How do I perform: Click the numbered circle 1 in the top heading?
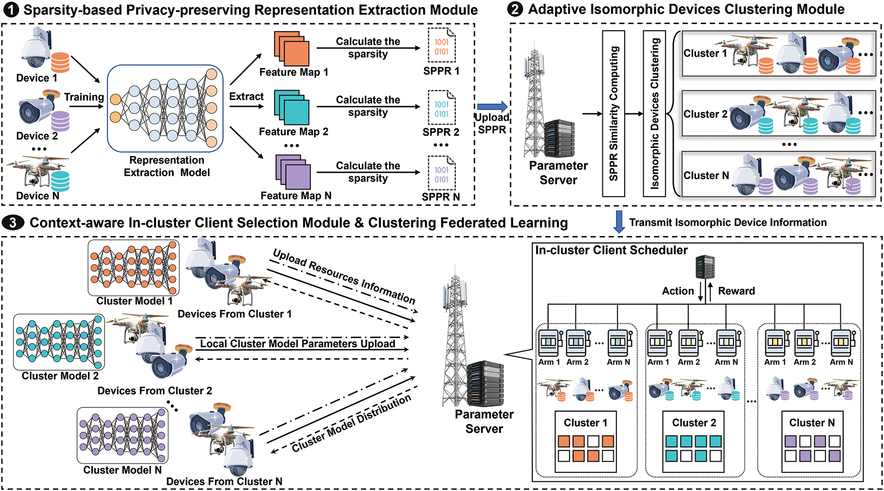click(11, 10)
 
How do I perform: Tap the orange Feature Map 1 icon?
click(291, 49)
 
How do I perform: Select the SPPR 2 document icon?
click(442, 108)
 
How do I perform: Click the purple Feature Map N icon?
click(293, 172)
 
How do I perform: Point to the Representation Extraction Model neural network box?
click(165, 108)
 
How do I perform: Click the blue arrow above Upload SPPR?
click(492, 107)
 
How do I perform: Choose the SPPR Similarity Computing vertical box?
click(613, 113)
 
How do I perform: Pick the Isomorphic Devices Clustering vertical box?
click(654, 113)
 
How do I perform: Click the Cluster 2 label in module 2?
click(705, 114)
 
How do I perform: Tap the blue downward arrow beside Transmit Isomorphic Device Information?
click(619, 222)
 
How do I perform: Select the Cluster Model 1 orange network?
click(134, 267)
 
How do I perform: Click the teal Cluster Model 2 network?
click(59, 341)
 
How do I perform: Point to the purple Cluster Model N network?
click(123, 435)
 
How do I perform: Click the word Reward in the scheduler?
click(736, 291)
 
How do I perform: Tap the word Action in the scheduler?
click(678, 291)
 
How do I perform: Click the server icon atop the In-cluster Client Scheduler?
click(705, 267)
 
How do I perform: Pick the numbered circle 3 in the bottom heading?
click(13, 223)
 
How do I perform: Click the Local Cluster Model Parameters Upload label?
click(297, 344)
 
